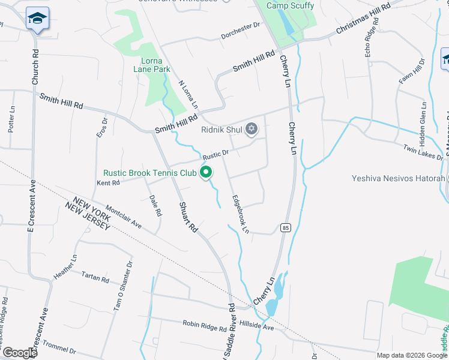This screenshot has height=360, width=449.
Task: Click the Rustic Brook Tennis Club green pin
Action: click(206, 173)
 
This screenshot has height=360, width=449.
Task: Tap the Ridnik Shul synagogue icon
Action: click(252, 129)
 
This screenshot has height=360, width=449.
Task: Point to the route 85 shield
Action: click(285, 227)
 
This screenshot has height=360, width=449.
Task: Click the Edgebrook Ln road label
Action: click(240, 213)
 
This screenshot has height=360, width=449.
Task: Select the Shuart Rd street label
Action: click(188, 217)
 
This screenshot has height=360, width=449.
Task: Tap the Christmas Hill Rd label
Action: click(364, 17)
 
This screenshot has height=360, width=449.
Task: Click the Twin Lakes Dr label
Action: click(423, 152)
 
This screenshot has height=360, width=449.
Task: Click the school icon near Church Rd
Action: click(37, 19)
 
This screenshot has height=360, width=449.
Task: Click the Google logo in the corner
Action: click(19, 353)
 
